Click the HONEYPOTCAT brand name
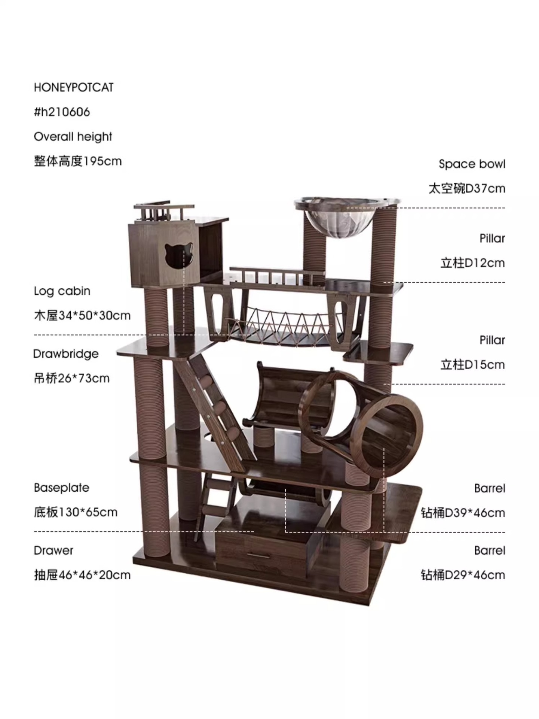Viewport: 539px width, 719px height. (x=73, y=88)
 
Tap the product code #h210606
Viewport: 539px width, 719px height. (x=62, y=112)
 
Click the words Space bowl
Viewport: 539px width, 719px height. (x=472, y=164)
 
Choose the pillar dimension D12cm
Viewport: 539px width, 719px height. (x=484, y=263)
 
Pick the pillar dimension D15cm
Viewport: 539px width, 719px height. (x=484, y=364)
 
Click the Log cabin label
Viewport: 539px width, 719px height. (x=62, y=291)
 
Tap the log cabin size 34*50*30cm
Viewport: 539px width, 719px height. (x=94, y=316)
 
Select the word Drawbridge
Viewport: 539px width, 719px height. (x=66, y=354)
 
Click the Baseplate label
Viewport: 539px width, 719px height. (x=62, y=488)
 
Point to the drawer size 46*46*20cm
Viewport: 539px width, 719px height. (x=95, y=575)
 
